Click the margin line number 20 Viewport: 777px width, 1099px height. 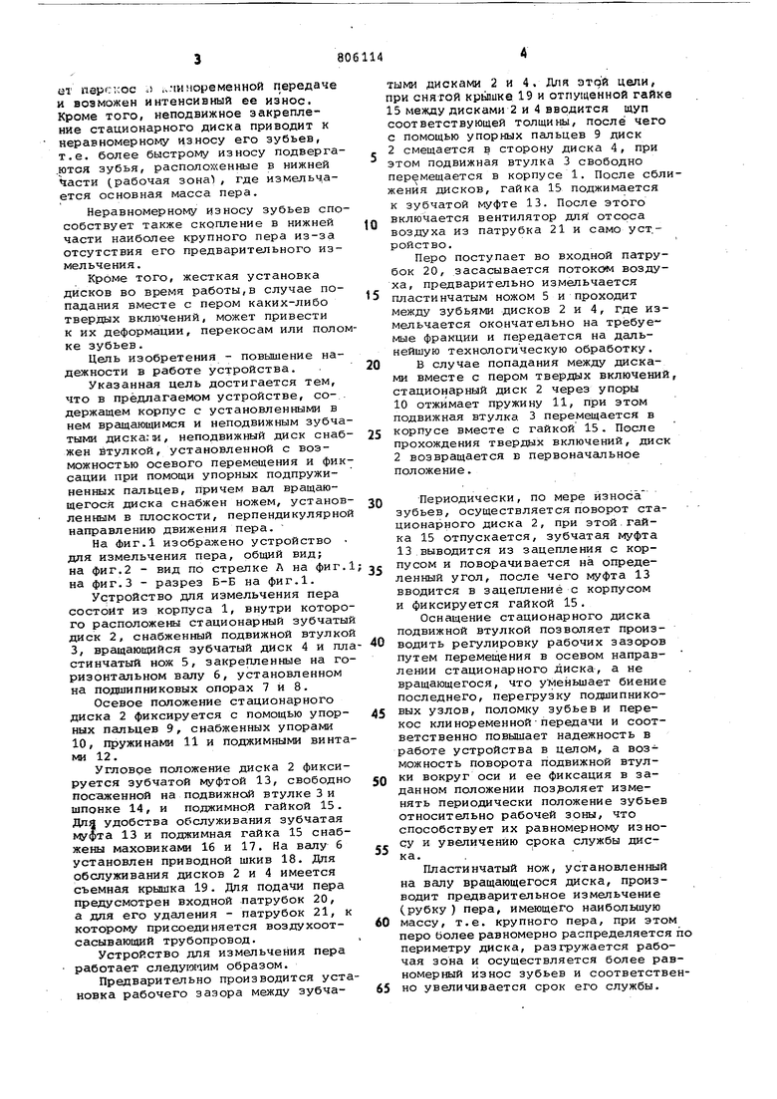[x=373, y=365]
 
